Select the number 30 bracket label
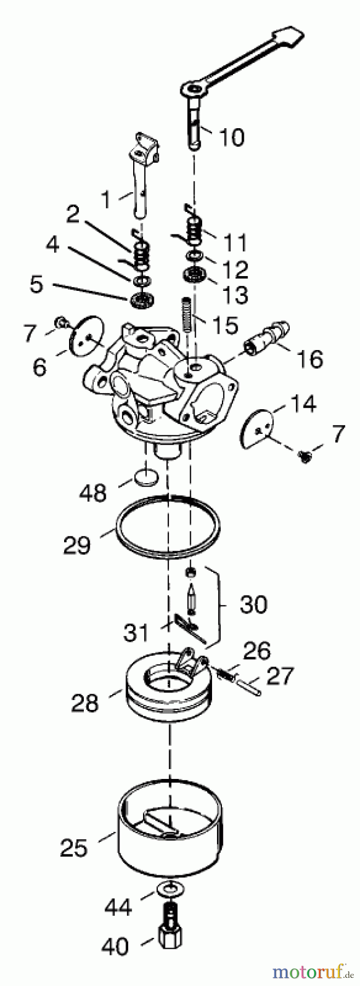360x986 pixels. tap(253, 604)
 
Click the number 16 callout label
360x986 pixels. tap(310, 359)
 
